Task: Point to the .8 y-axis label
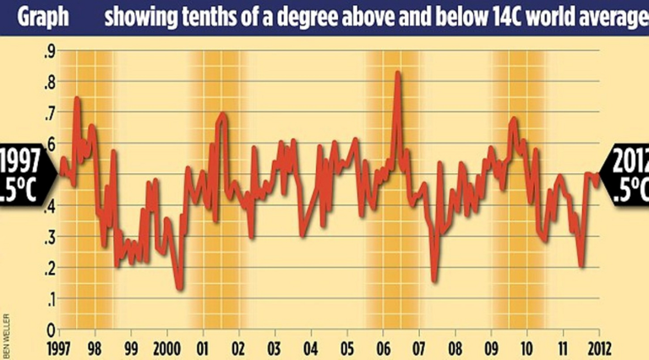click(50, 83)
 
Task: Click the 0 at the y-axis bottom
click(51, 330)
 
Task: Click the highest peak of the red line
click(397, 74)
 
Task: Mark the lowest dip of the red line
click(180, 289)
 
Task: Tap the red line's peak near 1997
click(77, 99)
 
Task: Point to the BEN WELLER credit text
click(7, 333)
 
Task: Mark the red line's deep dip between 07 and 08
click(434, 281)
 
